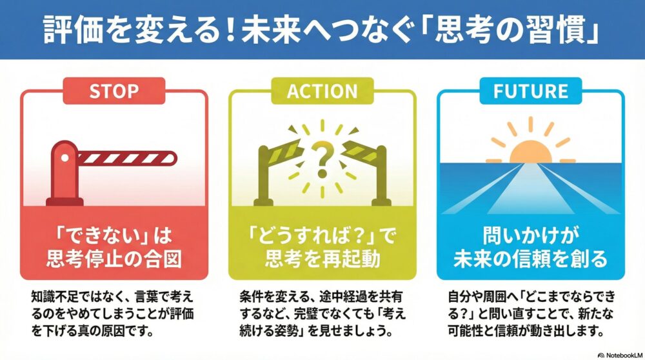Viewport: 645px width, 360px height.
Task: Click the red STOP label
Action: pyautogui.click(x=114, y=91)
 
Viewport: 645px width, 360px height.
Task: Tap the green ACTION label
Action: pyautogui.click(x=322, y=91)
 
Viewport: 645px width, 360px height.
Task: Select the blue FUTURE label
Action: pyautogui.click(x=530, y=91)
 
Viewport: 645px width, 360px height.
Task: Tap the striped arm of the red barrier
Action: pyautogui.click(x=126, y=157)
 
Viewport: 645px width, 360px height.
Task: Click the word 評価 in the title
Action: pyautogui.click(x=70, y=30)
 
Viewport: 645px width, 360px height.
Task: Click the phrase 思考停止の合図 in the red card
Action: pyautogui.click(x=114, y=258)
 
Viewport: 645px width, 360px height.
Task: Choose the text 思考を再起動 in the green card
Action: pyautogui.click(x=322, y=258)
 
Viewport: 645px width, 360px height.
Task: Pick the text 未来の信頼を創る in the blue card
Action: pyautogui.click(x=530, y=258)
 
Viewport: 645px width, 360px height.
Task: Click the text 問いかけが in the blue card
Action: pyautogui.click(x=530, y=233)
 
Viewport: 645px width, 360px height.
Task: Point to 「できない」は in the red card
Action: pyautogui.click(x=114, y=233)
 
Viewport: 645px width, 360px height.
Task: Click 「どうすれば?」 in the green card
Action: pyautogui.click(x=314, y=233)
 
